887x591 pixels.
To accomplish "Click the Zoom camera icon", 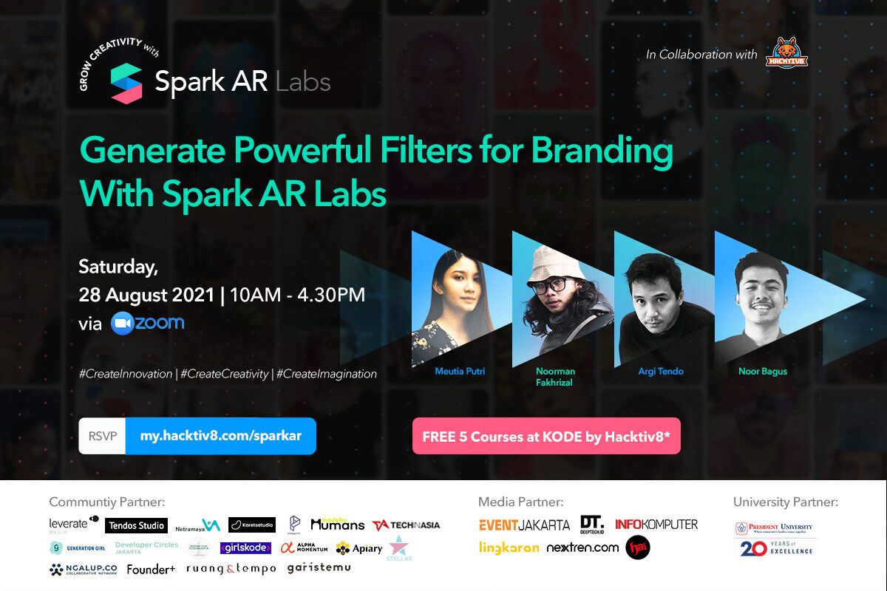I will (x=123, y=324).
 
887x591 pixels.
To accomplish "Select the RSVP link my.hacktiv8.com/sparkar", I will (x=221, y=436).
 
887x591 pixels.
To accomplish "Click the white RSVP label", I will (x=102, y=436).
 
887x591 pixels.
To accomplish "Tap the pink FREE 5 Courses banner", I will (x=546, y=437).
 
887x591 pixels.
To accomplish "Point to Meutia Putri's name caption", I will (x=460, y=371).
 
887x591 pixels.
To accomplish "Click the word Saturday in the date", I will (x=118, y=266).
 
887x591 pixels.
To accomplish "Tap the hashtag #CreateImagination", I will (x=326, y=374).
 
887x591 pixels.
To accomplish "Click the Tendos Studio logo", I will (x=136, y=525).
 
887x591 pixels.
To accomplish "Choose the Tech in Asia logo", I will (x=406, y=525).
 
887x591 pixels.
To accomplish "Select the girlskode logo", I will (x=245, y=548).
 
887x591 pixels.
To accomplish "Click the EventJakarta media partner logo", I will (x=524, y=525).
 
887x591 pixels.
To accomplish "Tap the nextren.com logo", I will (x=582, y=548).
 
